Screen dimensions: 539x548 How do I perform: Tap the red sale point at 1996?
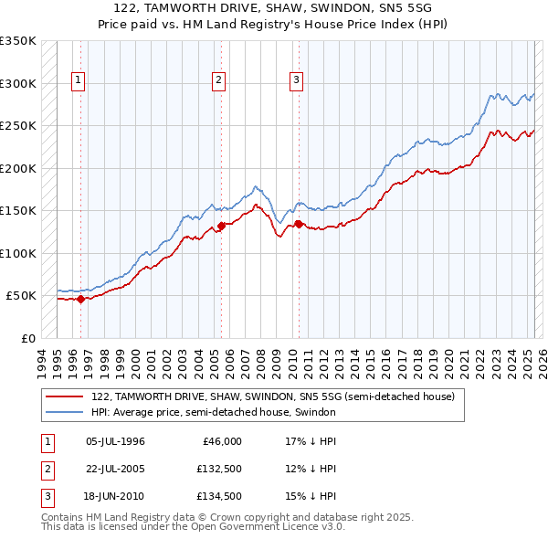click(x=80, y=299)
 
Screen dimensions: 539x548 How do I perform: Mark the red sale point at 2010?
click(x=298, y=224)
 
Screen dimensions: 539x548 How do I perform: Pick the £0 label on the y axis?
click(x=26, y=338)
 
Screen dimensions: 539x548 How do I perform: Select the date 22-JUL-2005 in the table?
click(x=115, y=469)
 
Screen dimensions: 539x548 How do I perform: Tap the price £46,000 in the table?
click(x=222, y=441)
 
